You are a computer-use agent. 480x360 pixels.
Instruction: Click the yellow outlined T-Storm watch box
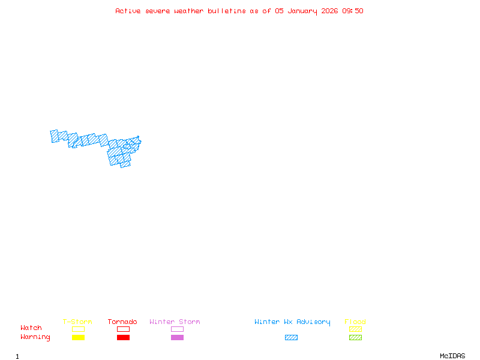click(78, 329)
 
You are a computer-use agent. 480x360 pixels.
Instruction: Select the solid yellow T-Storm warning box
click(78, 337)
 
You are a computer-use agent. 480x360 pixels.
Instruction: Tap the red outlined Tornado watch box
click(123, 329)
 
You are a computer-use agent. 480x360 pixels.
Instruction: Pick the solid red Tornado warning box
click(123, 337)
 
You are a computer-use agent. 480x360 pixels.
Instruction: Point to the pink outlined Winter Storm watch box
click(177, 329)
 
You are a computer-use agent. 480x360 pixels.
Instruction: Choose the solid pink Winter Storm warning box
click(177, 337)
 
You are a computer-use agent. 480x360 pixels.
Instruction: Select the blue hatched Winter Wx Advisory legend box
click(291, 337)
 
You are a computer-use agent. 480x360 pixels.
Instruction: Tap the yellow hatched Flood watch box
click(355, 329)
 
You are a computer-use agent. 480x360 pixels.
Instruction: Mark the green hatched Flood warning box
click(355, 337)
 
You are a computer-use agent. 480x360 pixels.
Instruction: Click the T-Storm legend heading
click(77, 322)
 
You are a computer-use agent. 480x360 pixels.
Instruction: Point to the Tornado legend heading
click(122, 322)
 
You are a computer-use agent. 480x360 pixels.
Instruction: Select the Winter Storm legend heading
click(175, 322)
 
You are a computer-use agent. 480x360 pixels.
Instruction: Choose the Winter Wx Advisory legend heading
click(292, 322)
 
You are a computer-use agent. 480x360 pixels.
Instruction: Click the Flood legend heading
click(355, 322)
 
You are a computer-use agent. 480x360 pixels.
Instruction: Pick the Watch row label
click(31, 328)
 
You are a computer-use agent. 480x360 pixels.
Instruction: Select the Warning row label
click(35, 337)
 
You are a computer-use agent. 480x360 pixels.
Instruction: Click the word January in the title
click(302, 11)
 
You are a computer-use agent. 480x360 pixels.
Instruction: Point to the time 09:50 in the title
click(353, 11)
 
